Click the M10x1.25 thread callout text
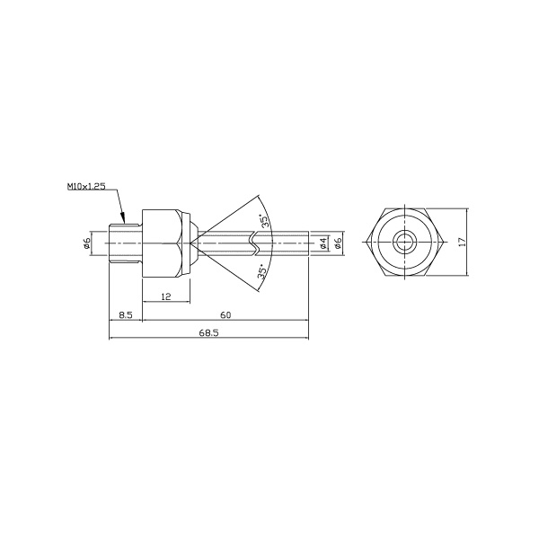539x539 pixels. pyautogui.click(x=86, y=187)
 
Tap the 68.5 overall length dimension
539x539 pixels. pyautogui.click(x=208, y=332)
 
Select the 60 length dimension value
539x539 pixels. pyautogui.click(x=225, y=314)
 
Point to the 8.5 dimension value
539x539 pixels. pyautogui.click(x=126, y=314)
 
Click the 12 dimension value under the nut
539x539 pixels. pyautogui.click(x=165, y=296)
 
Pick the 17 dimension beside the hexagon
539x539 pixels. pyautogui.click(x=463, y=242)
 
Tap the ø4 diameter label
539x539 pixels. pyautogui.click(x=323, y=243)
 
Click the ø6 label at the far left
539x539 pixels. pyautogui.click(x=87, y=243)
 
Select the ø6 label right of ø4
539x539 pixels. pyautogui.click(x=338, y=243)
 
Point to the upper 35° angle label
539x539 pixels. pyautogui.click(x=264, y=221)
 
